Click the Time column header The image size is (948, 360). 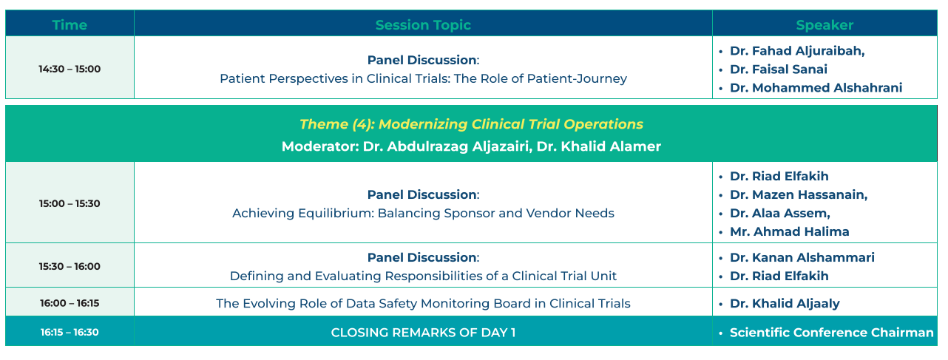[x=70, y=25]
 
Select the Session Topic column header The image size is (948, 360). [x=423, y=25]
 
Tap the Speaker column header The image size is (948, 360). [x=825, y=25]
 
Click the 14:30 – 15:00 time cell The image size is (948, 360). [x=70, y=69]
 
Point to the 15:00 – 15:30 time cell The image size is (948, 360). [x=70, y=203]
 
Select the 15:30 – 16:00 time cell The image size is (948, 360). [x=70, y=267]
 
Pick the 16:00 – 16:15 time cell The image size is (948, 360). [x=70, y=303]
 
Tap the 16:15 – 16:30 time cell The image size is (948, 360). [x=70, y=333]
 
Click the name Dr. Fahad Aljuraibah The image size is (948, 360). [x=797, y=51]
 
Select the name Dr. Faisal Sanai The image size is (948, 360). [x=778, y=69]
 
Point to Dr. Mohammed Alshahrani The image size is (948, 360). [x=816, y=88]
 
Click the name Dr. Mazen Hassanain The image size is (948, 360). [x=799, y=194]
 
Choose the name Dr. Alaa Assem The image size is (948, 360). [x=780, y=213]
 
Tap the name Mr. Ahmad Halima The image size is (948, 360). [x=789, y=232]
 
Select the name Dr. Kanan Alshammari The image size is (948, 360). [x=802, y=258]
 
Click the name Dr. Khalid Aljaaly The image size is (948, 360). [x=785, y=304]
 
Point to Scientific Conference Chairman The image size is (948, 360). [x=832, y=333]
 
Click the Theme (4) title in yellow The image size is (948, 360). [x=471, y=124]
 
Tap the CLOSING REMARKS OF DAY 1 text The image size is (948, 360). [x=423, y=333]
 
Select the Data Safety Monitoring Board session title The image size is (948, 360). [x=423, y=304]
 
